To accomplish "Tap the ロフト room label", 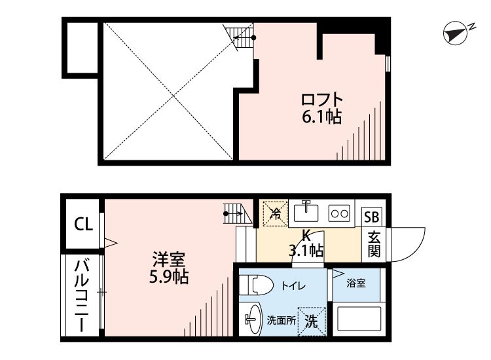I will tap(321, 100).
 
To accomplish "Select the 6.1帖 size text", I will tap(321, 117).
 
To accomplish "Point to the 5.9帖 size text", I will tap(168, 277).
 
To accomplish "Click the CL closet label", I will tap(83, 225).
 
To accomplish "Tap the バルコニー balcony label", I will tap(82, 296).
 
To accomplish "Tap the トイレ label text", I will tap(292, 285).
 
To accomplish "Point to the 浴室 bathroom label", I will tap(356, 284).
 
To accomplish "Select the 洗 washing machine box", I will tap(312, 321).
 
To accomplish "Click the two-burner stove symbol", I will tap(339, 213).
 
